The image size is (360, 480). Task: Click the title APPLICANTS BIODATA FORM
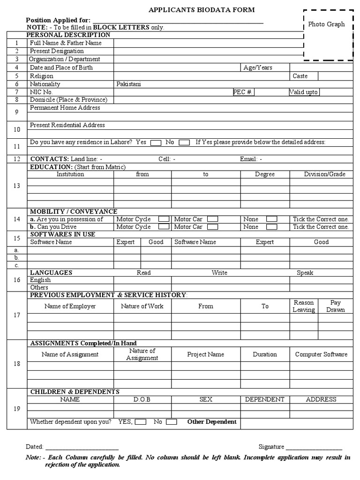click(x=202, y=10)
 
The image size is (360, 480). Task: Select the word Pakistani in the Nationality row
click(x=128, y=84)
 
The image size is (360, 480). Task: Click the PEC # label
click(x=243, y=92)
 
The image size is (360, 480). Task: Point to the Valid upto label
click(x=304, y=92)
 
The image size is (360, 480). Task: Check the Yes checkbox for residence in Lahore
click(x=156, y=142)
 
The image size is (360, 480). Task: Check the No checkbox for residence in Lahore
click(x=184, y=142)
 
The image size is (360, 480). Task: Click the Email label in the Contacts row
click(x=251, y=159)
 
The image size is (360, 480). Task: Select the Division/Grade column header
click(x=324, y=174)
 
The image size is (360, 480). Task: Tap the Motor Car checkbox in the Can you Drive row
click(x=212, y=227)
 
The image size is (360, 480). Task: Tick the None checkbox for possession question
click(x=271, y=219)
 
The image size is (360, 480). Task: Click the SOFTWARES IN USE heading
click(x=62, y=234)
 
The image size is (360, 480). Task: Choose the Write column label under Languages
click(x=219, y=272)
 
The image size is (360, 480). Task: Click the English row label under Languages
click(x=40, y=280)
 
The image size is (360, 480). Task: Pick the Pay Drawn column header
click(x=336, y=306)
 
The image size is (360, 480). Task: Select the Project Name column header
click(x=205, y=354)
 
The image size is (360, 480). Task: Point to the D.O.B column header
click(x=142, y=399)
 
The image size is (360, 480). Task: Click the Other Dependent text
click(x=212, y=422)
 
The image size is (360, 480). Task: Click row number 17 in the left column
click(x=17, y=315)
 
